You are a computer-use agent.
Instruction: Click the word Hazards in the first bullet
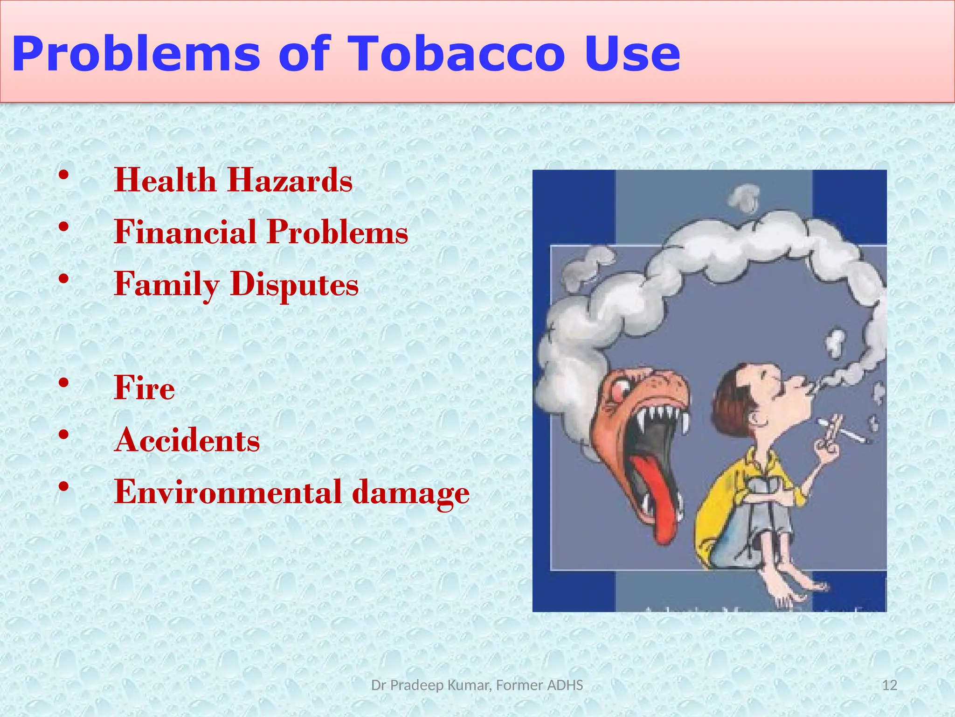coord(290,180)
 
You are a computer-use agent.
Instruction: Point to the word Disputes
coord(294,284)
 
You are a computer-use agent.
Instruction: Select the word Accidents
coord(187,440)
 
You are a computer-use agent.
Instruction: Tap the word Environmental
coord(228,492)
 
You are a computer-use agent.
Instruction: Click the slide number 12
coord(890,685)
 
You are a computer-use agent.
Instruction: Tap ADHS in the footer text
coord(565,685)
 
